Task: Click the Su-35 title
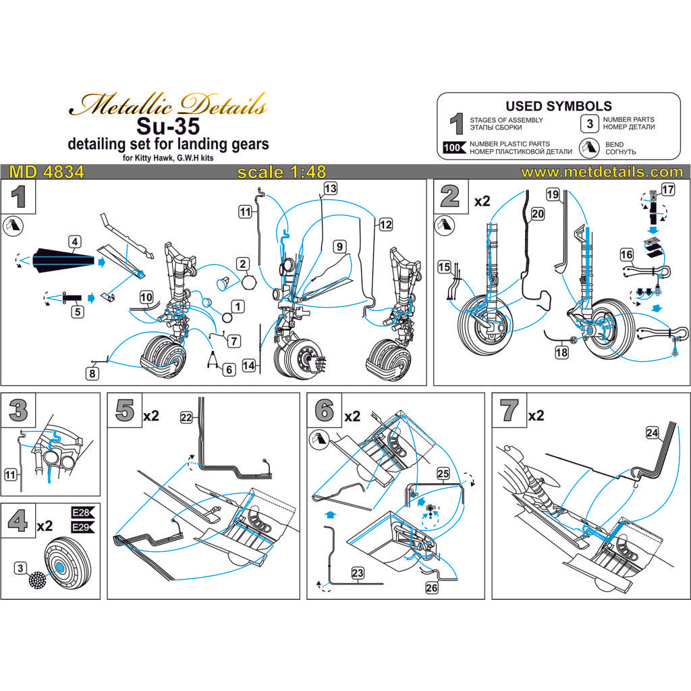coord(169,126)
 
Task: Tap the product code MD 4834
coord(43,172)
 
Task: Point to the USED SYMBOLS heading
coord(559,106)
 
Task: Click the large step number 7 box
coord(510,411)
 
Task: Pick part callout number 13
coord(330,189)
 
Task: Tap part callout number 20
coord(537,213)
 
